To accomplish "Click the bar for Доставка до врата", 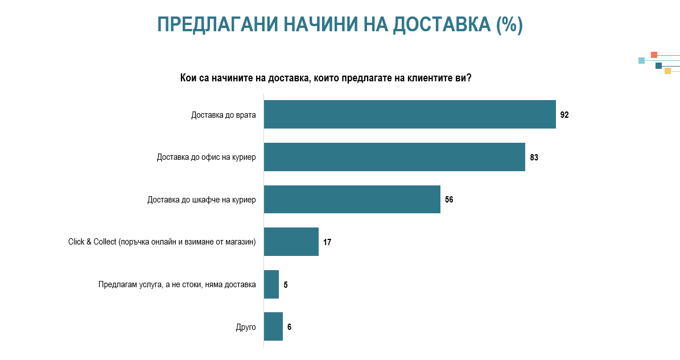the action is coord(410,114).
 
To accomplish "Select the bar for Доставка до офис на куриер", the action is coord(395,157).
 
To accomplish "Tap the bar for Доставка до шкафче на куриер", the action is coord(352,199).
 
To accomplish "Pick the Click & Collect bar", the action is coord(291,242).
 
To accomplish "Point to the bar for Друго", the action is coord(273,326).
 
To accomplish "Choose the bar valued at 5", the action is coord(271,284).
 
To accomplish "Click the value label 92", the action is coord(564,115).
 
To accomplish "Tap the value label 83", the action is coord(534,158).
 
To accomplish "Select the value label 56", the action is coord(449,200).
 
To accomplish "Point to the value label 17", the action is coord(327,242).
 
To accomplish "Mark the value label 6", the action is coord(289,327).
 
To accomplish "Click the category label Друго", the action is coord(246,327).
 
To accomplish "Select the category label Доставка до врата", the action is coord(223,115).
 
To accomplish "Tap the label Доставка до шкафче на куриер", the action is coord(201,200).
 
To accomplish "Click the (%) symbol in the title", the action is coord(509,24).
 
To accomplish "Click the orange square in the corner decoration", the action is coord(654,55).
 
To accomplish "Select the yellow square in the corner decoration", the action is coord(668,71).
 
